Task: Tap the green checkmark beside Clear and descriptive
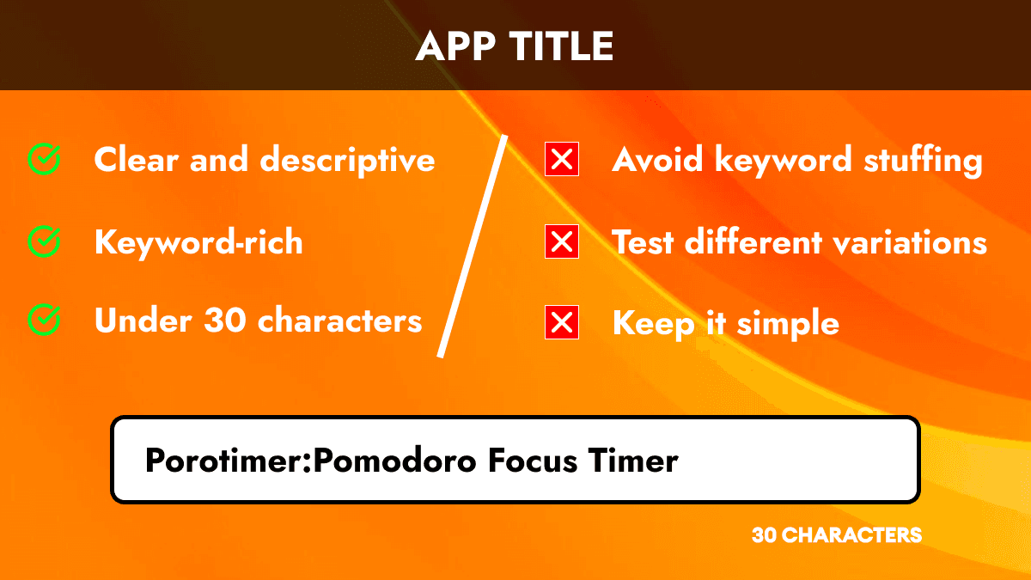click(x=44, y=159)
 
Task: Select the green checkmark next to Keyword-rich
click(x=44, y=242)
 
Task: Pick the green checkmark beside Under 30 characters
click(x=44, y=321)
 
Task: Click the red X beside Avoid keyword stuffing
click(x=562, y=160)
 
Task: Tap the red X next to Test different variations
click(x=562, y=242)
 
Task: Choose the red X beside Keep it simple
click(x=562, y=323)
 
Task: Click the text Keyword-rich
click(x=198, y=242)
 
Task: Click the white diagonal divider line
click(x=473, y=245)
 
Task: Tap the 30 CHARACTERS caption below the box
click(x=836, y=535)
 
